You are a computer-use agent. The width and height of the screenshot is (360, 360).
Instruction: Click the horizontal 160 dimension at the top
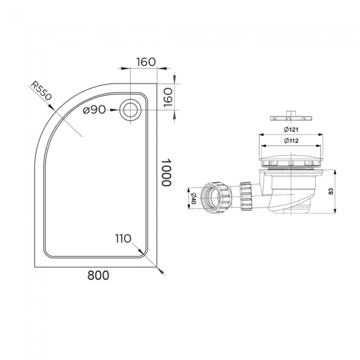(x=145, y=61)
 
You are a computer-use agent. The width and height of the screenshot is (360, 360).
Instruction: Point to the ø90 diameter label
(x=95, y=110)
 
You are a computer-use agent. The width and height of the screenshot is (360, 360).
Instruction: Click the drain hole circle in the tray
(x=131, y=109)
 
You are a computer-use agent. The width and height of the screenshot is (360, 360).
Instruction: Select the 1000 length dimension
(x=166, y=173)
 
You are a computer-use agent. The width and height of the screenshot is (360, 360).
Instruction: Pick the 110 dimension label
(x=123, y=239)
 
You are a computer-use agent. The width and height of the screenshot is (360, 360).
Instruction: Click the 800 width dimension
(x=97, y=275)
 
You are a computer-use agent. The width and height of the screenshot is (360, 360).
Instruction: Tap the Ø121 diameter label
(x=291, y=130)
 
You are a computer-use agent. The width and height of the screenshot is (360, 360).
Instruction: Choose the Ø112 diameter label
(x=291, y=141)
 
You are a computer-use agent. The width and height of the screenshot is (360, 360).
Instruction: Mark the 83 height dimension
(x=330, y=191)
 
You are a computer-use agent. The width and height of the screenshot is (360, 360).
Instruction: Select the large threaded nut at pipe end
(x=213, y=197)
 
